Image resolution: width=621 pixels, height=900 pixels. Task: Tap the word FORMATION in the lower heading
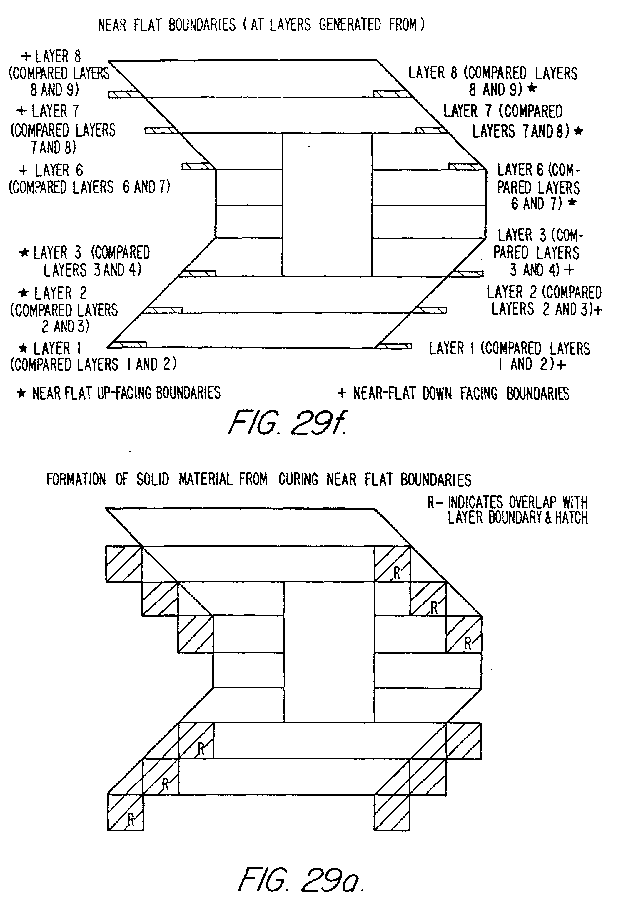[76, 479]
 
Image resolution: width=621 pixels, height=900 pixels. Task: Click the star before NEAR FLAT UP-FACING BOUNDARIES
[21, 393]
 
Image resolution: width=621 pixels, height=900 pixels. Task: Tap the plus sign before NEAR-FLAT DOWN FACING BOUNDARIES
[341, 393]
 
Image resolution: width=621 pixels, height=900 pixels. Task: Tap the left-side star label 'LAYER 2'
[53, 293]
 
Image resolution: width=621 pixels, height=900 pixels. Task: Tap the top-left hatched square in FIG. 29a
[123, 564]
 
